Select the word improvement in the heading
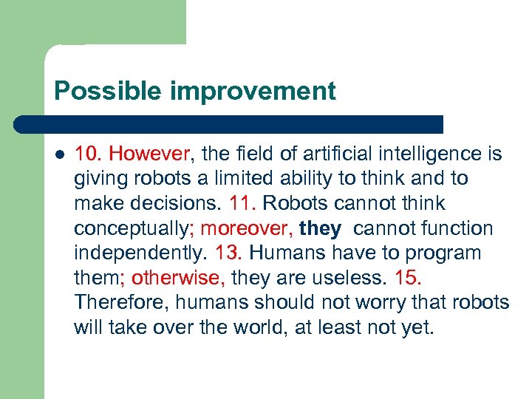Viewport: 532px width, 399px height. pos(253,92)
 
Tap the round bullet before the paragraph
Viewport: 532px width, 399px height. pos(59,155)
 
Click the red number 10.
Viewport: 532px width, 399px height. pos(88,154)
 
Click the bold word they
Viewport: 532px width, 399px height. pos(320,228)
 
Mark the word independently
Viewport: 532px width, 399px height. pos(140,253)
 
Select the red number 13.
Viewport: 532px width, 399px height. pos(229,253)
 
